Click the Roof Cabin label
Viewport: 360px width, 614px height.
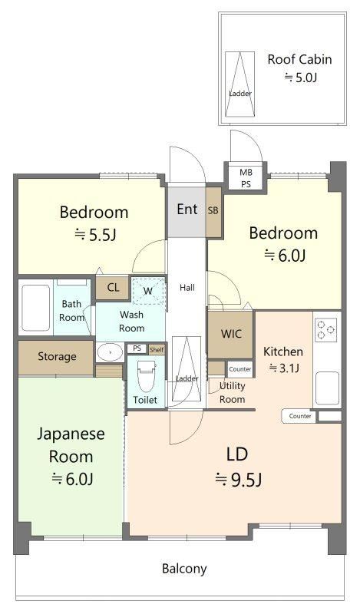(x=299, y=60)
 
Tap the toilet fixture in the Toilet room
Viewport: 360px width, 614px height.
(x=147, y=376)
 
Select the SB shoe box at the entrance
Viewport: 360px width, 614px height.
(x=213, y=212)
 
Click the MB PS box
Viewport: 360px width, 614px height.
(x=246, y=178)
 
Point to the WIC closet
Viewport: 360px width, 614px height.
(x=230, y=335)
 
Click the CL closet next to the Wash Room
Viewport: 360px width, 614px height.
(x=113, y=288)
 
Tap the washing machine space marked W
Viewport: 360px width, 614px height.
(x=147, y=291)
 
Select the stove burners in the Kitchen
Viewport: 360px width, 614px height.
(x=325, y=330)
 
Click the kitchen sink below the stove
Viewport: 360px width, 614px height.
(x=328, y=388)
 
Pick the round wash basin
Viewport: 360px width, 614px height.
(x=110, y=352)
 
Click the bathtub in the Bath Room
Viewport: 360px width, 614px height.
(x=35, y=308)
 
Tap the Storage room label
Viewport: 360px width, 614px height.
(x=58, y=357)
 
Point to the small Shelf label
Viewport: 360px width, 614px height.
(x=157, y=350)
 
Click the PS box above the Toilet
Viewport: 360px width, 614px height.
(x=137, y=348)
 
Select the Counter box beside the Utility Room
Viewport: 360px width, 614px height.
(x=239, y=369)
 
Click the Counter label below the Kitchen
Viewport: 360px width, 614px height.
(x=300, y=416)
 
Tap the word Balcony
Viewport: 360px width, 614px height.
(x=184, y=569)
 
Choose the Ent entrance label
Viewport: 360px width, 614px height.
(x=187, y=209)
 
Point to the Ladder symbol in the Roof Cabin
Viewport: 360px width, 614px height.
(x=239, y=84)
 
